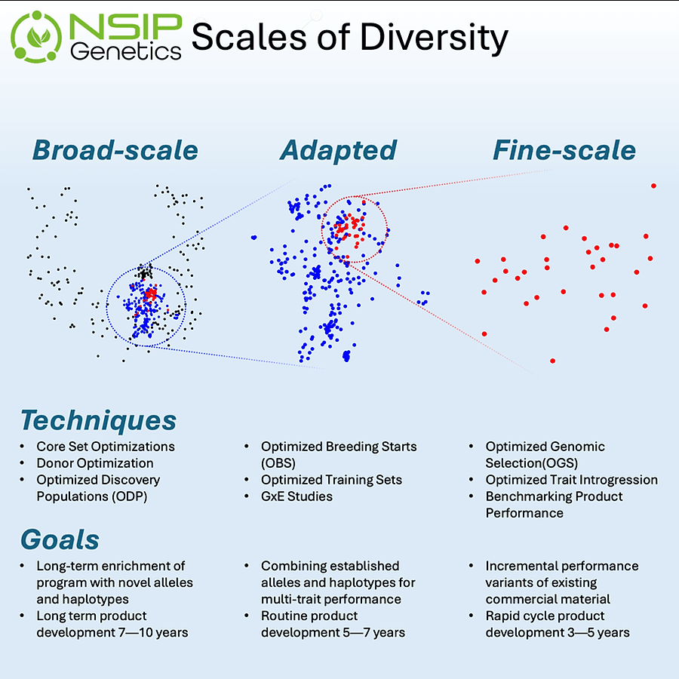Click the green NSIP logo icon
click(37, 35)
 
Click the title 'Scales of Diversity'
click(349, 37)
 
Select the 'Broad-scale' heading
click(115, 150)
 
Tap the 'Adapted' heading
click(338, 150)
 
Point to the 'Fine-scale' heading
click(564, 150)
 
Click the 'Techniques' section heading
click(98, 419)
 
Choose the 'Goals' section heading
click(60, 539)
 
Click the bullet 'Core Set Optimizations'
click(106, 447)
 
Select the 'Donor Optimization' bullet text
click(95, 463)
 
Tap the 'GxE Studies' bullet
click(296, 496)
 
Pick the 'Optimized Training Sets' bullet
click(331, 480)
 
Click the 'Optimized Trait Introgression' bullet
click(571, 480)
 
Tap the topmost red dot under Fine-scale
click(653, 186)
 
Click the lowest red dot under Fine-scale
click(553, 361)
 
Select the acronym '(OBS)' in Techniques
click(278, 463)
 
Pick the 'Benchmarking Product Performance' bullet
click(554, 505)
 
